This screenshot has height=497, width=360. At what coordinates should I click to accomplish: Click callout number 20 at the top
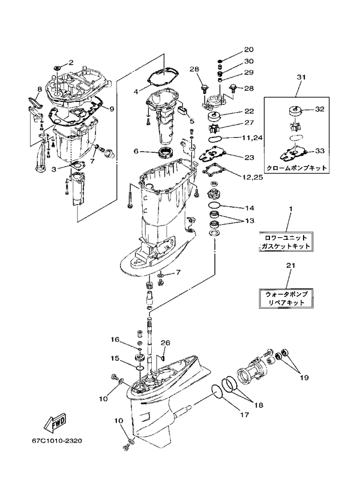(x=249, y=50)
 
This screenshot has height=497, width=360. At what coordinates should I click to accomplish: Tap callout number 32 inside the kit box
(x=319, y=110)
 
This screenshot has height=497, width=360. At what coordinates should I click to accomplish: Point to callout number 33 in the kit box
(x=319, y=151)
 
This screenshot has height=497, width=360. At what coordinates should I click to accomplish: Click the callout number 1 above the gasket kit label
(x=290, y=209)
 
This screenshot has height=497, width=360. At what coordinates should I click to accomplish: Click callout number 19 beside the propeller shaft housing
(x=304, y=378)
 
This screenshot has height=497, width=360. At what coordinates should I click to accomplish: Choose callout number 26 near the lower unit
(x=166, y=343)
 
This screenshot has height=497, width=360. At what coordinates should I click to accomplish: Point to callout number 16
(x=114, y=339)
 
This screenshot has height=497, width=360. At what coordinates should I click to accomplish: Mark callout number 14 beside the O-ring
(x=249, y=208)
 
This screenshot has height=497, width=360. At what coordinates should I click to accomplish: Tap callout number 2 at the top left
(x=70, y=62)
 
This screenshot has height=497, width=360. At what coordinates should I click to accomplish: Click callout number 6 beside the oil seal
(x=136, y=151)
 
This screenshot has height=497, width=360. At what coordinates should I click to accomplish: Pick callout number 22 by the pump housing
(x=249, y=112)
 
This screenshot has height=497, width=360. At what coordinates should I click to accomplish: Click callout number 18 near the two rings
(x=259, y=405)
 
